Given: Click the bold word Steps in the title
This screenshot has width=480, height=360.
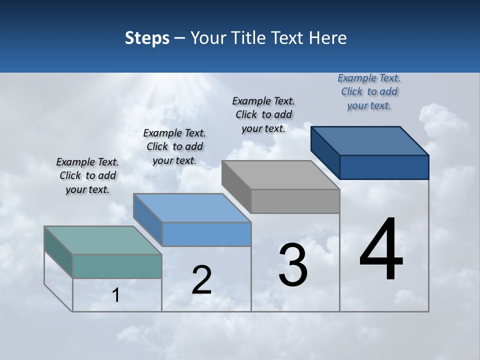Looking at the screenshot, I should pos(147,38).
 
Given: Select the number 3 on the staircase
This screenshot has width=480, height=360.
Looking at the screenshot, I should pos(293,265).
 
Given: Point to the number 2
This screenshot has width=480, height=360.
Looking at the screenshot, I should pos(202,280).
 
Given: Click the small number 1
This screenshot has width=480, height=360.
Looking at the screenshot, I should pos(116,295).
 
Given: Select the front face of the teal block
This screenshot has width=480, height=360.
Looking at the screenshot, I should pos(117,266).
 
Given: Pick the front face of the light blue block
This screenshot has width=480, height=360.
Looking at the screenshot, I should pos(206,234).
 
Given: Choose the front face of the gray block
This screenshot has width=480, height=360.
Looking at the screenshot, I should pos(295,201).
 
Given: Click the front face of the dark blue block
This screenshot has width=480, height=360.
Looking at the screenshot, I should pos(384,167).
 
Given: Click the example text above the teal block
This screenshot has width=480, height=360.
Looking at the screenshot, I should pos(87,176).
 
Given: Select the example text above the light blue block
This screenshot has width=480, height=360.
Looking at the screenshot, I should pos(174,147).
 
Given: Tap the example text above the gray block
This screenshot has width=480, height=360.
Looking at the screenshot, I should pos(263,114).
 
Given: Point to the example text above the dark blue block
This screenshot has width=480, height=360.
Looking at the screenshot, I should pos(369,91).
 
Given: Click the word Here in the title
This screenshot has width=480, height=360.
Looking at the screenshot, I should pos(328,38).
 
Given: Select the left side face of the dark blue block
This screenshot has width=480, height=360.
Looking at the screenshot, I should pos(325,152).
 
